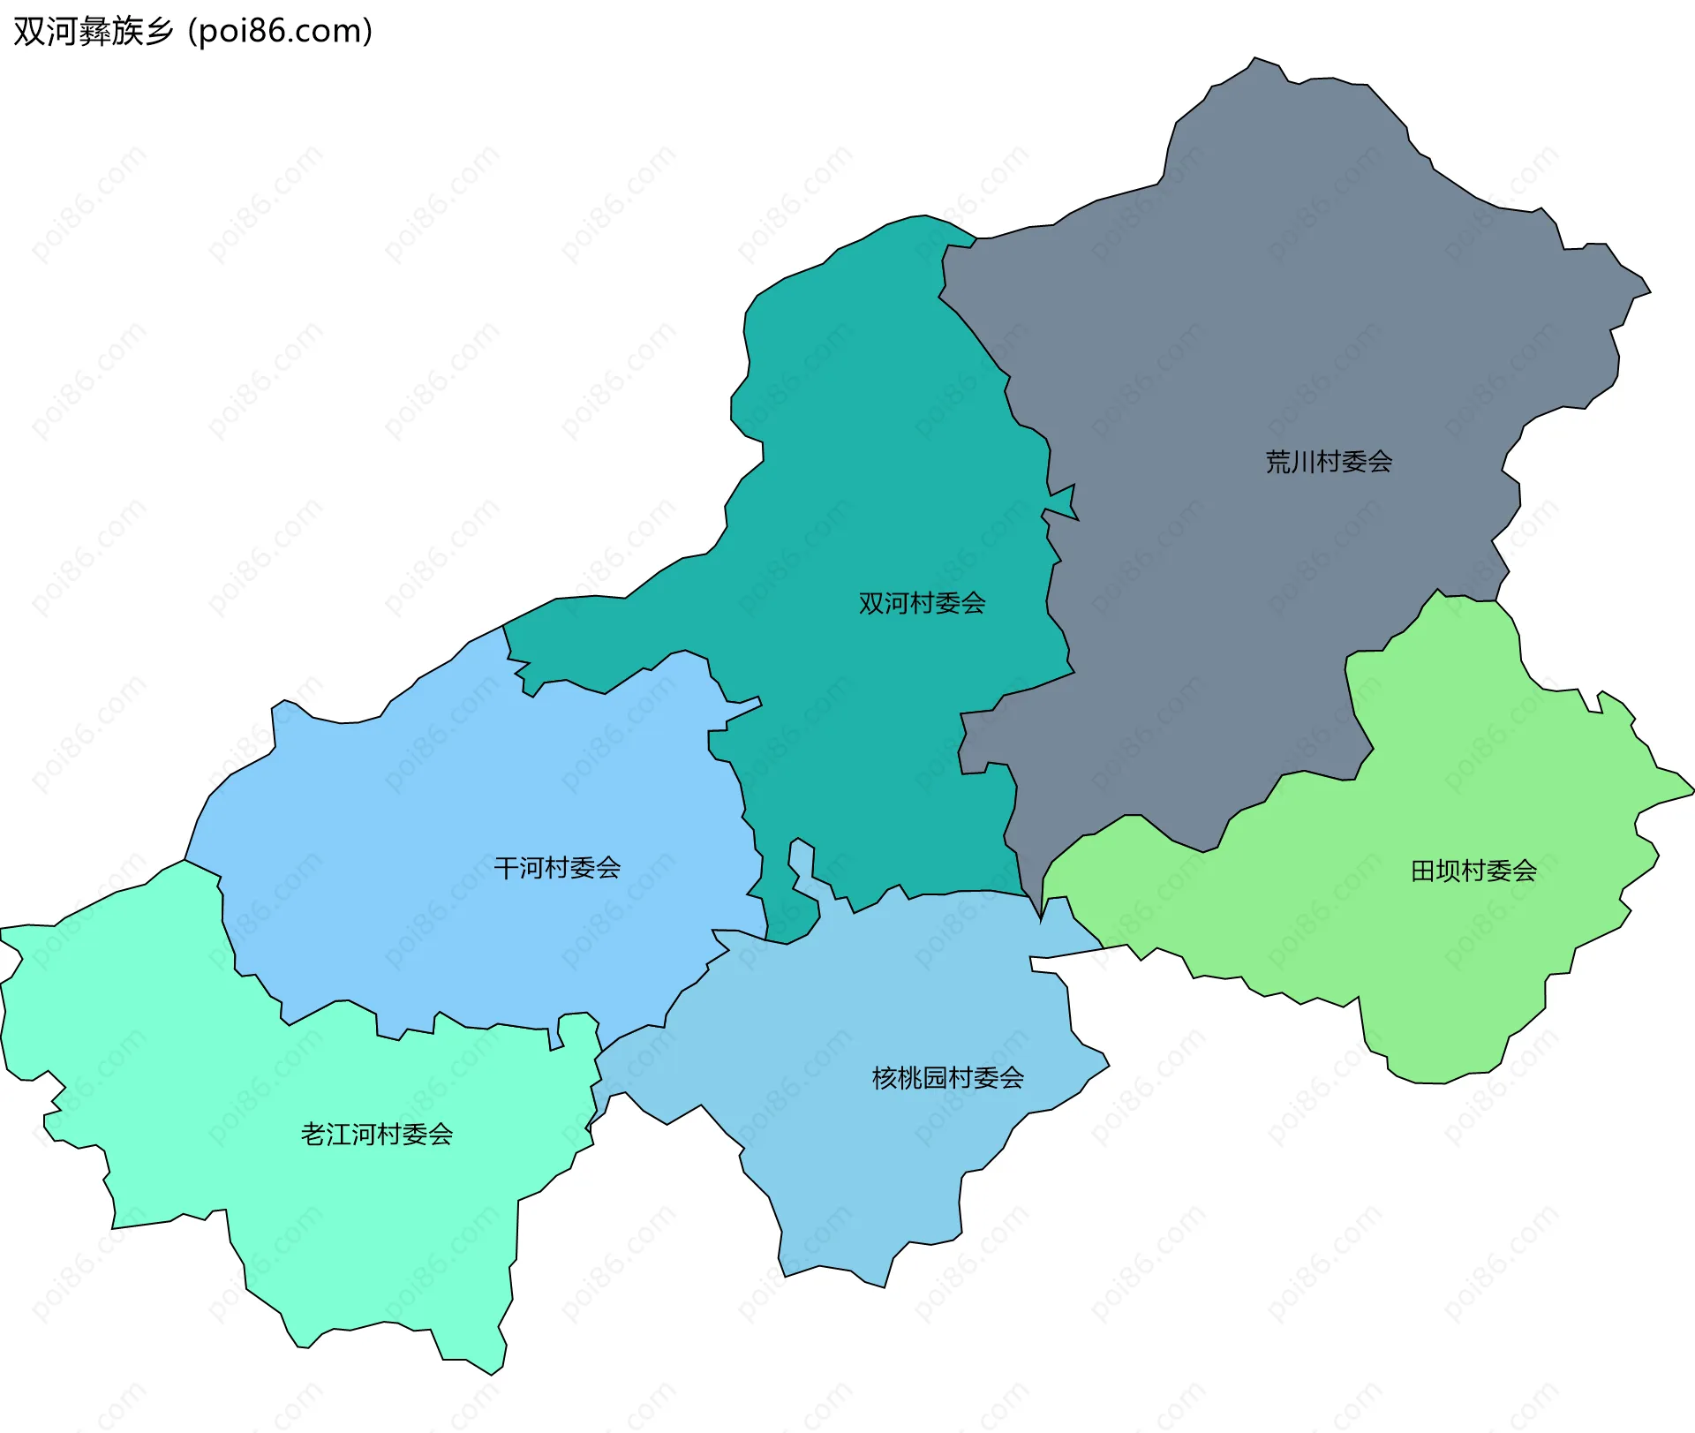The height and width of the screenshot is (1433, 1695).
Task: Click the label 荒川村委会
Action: coord(1329,462)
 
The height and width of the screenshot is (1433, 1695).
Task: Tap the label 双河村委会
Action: coord(922,604)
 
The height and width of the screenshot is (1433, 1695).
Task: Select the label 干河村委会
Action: coord(557,868)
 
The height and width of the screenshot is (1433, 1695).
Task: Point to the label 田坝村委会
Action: coord(1473,871)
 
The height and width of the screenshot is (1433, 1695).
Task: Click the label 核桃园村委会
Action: coord(947,1078)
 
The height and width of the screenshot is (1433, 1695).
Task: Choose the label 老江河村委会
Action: coord(377,1135)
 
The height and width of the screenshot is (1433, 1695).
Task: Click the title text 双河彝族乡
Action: coord(93,32)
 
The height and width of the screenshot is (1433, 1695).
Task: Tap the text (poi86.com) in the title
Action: coord(281,32)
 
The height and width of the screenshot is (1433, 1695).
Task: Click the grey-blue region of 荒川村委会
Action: coord(1280,309)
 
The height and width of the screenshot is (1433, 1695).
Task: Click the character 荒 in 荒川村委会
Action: coord(1277,462)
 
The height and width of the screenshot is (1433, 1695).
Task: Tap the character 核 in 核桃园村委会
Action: coord(885,1078)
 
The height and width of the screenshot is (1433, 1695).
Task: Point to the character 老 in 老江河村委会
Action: coord(313,1135)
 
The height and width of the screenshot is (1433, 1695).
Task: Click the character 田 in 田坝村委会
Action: coord(1423,871)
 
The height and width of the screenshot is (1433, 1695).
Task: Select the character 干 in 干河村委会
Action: coord(506,868)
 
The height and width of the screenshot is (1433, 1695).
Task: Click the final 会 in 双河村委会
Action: coord(973,604)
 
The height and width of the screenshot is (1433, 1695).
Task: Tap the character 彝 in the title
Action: coord(94,32)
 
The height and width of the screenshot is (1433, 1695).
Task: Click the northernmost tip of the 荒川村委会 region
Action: coord(1254,58)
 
